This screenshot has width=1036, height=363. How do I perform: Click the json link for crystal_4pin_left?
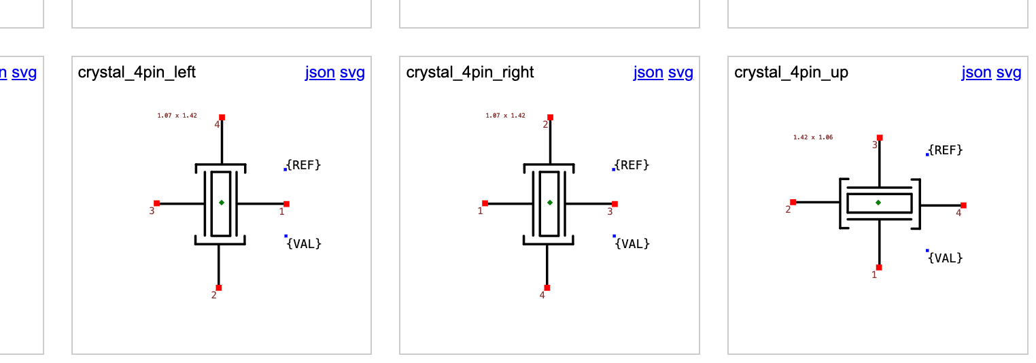point(320,72)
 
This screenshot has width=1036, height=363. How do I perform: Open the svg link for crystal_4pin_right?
point(680,72)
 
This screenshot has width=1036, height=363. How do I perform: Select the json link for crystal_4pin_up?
point(976,72)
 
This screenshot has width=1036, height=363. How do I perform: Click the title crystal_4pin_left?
point(137,72)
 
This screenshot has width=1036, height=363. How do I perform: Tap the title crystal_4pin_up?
point(791,72)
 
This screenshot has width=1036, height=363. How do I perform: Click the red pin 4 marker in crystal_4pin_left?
point(222,117)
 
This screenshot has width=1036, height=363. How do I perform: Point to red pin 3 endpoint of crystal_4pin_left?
point(156,203)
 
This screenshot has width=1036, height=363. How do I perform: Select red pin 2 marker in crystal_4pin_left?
point(218,288)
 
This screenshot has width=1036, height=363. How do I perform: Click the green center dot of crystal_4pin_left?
point(222,203)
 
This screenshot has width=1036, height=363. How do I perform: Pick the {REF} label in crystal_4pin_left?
point(304,165)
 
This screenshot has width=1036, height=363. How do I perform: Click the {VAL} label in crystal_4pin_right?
point(632,243)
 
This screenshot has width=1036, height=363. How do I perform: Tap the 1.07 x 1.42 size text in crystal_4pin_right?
point(505,116)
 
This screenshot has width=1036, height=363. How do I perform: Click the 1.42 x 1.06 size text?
point(813,137)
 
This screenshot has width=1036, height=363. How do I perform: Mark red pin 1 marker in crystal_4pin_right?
point(485,203)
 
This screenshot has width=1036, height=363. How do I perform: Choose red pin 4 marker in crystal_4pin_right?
point(547,288)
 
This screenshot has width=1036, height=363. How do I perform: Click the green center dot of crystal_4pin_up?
point(878,203)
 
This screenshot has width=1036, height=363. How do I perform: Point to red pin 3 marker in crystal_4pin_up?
point(880,137)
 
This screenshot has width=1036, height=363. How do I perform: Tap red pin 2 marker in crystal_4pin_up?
point(793,202)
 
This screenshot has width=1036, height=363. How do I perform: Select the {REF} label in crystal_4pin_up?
point(946,150)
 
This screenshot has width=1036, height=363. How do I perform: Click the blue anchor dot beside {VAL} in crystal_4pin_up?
point(927,251)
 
